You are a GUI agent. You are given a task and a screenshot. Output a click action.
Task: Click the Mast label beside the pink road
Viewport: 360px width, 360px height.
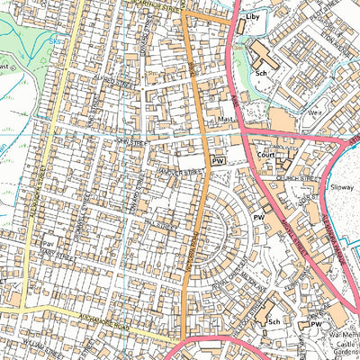coord(225,119)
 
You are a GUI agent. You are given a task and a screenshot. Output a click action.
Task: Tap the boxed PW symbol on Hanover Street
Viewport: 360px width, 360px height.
coord(217,159)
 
